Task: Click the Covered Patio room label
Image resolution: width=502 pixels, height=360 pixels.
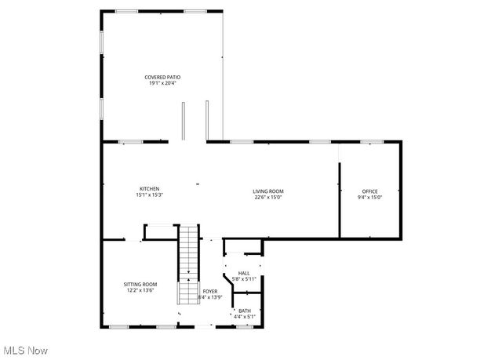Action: tap(162, 77)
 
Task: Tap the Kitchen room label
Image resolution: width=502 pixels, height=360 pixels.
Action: tap(150, 189)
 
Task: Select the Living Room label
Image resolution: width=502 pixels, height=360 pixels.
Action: tap(268, 191)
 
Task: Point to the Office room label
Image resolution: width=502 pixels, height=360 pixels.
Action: tap(370, 191)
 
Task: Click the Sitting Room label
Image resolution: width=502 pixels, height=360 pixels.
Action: tap(140, 284)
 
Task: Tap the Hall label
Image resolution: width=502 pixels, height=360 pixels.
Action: tap(244, 273)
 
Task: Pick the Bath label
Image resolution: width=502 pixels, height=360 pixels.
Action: tap(246, 311)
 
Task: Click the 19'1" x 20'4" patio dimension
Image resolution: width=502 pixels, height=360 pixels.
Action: tap(162, 82)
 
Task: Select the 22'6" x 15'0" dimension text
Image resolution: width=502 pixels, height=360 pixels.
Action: tap(268, 197)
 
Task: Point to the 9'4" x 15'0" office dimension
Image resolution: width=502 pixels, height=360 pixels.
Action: tap(370, 197)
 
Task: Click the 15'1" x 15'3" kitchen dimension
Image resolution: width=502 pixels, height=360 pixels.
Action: tap(150, 195)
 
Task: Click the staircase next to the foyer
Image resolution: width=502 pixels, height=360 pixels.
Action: tap(188, 263)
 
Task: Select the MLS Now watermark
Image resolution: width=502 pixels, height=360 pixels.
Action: tap(25, 350)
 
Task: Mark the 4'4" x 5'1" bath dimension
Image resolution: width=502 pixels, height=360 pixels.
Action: tap(246, 316)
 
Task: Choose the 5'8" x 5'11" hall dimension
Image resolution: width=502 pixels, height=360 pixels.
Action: tap(244, 278)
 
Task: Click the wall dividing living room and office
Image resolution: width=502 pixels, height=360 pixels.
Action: tap(339, 200)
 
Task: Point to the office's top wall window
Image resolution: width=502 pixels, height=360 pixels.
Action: tap(370, 142)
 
